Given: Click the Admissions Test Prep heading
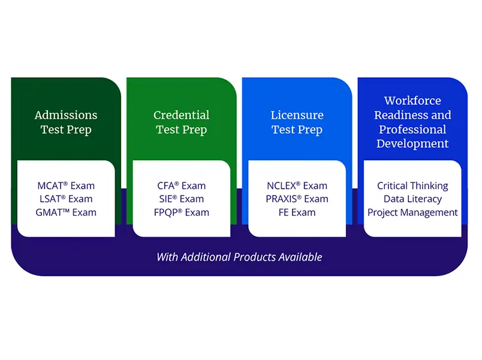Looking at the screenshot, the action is click(66, 122).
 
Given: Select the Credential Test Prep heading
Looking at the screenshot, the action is click(182, 122).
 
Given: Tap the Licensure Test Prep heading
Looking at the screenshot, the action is click(297, 122).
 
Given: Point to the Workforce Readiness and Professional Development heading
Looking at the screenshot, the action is click(412, 122).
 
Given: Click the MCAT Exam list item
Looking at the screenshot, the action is click(66, 185).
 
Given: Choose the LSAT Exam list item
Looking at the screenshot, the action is click(66, 199).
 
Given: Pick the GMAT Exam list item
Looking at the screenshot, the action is click(66, 212).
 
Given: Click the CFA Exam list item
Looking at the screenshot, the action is click(182, 185).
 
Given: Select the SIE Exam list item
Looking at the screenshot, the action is click(182, 199).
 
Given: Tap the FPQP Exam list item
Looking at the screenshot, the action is click(182, 212).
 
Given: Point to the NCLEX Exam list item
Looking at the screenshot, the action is click(297, 185).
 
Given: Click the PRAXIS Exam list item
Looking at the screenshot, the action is click(297, 199).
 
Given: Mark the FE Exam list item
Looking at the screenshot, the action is click(297, 212).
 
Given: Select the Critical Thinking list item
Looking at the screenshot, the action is click(412, 186).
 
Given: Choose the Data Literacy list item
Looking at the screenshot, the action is click(412, 199).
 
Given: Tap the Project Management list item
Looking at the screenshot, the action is click(412, 212).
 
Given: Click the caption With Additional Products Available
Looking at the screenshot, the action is click(239, 257).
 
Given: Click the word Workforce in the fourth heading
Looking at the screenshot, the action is click(412, 101).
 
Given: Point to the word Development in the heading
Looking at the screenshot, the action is click(412, 143).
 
